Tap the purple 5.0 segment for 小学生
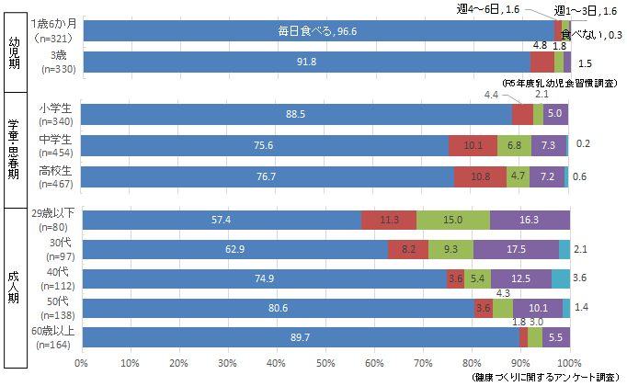tap(554, 114)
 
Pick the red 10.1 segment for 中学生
tap(473, 146)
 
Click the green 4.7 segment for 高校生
tap(519, 176)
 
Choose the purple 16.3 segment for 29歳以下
tap(530, 221)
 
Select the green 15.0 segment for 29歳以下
tap(452, 221)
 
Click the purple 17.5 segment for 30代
tap(516, 249)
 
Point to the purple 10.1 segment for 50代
tap(538, 308)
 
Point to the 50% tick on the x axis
tap(326, 354)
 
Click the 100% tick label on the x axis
tap(569, 364)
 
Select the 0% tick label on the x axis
tap(83, 364)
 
